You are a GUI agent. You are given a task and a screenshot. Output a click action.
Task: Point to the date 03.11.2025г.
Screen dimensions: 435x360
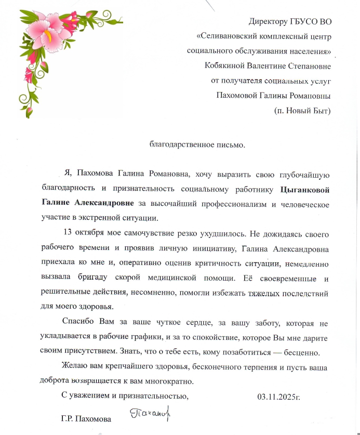coord(279,398)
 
